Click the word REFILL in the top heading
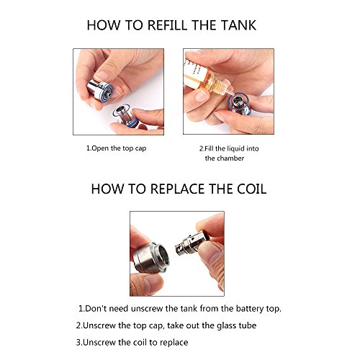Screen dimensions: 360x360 167,25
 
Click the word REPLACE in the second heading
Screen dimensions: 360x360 178,189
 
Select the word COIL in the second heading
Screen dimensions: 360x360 252,189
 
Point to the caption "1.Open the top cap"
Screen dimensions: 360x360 116,148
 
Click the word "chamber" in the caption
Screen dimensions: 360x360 232,158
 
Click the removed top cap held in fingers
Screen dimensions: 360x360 100,91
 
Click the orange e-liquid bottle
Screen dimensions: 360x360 207,79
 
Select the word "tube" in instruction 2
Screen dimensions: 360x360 247,325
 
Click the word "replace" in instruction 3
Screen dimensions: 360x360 174,343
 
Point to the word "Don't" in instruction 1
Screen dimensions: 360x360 96,309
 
